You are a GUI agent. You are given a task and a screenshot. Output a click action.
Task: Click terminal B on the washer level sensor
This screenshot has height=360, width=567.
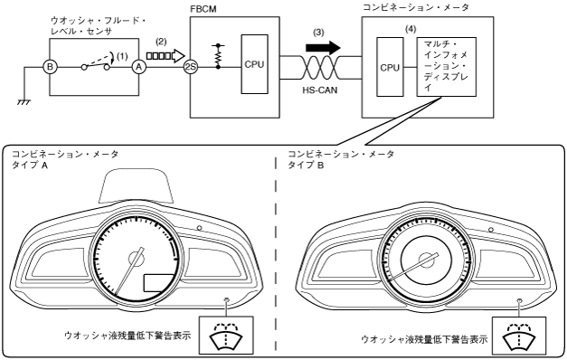coord(50,67)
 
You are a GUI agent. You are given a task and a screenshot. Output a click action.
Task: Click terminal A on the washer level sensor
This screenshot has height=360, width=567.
coord(137,67)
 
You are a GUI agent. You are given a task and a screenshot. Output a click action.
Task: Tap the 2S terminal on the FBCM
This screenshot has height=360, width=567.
coord(190,67)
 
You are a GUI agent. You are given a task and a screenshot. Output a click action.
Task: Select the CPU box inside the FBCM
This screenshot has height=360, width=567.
coord(255,64)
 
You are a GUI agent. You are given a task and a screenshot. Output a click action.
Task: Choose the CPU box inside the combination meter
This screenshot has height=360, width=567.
coord(390,67)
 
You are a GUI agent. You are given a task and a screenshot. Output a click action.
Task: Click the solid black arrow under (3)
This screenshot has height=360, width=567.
coord(323,47)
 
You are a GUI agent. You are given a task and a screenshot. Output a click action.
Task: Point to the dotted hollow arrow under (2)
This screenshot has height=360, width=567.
coord(165,56)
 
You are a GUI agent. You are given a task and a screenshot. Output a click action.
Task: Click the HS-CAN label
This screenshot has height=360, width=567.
coord(320,90)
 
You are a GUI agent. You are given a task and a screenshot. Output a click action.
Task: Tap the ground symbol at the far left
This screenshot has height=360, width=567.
coord(24,102)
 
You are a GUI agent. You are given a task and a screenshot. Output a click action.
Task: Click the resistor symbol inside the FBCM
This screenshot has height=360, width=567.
coord(218,56)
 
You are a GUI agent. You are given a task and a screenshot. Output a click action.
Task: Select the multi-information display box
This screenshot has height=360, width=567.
coord(446,67)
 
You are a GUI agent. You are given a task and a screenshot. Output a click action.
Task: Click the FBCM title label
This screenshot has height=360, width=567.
coord(203,9)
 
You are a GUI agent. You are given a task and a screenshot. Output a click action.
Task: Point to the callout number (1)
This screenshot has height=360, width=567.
coord(122,56)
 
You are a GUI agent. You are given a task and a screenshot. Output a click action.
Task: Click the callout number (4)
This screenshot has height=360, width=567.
coord(411,30)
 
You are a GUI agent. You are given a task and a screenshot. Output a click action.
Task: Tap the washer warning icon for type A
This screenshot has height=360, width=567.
coord(226,335)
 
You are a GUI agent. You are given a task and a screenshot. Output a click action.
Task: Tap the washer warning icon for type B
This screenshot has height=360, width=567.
coord(519,336)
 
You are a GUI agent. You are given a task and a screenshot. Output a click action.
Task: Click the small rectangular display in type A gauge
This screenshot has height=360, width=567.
coord(159,283)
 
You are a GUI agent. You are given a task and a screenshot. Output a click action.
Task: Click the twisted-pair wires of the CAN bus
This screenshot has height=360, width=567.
coord(320,67)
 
